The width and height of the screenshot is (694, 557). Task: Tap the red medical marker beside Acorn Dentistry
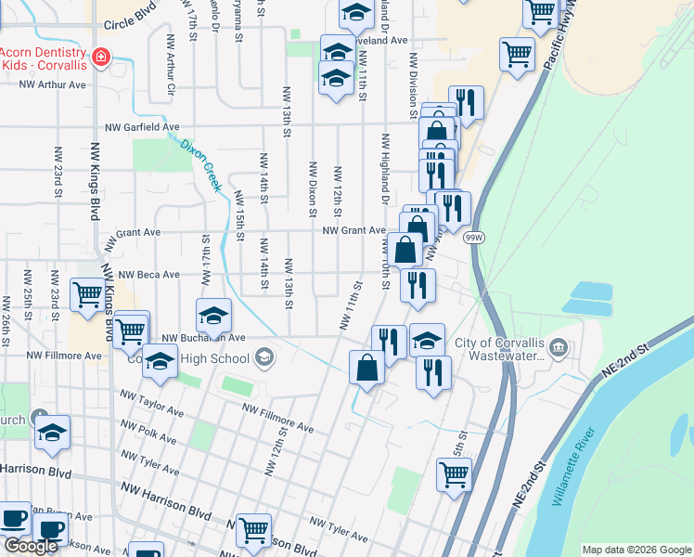tap(100, 58)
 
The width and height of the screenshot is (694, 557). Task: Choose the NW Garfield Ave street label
tap(142, 126)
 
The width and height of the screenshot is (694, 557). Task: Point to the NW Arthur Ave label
tap(53, 84)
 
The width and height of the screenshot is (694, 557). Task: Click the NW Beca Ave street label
tap(148, 275)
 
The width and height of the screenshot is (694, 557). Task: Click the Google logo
tap(30, 546)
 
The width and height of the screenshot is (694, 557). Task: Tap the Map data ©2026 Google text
tap(636, 550)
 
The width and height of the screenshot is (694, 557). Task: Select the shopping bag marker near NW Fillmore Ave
tap(367, 369)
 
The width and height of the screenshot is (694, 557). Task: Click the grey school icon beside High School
tap(263, 357)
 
